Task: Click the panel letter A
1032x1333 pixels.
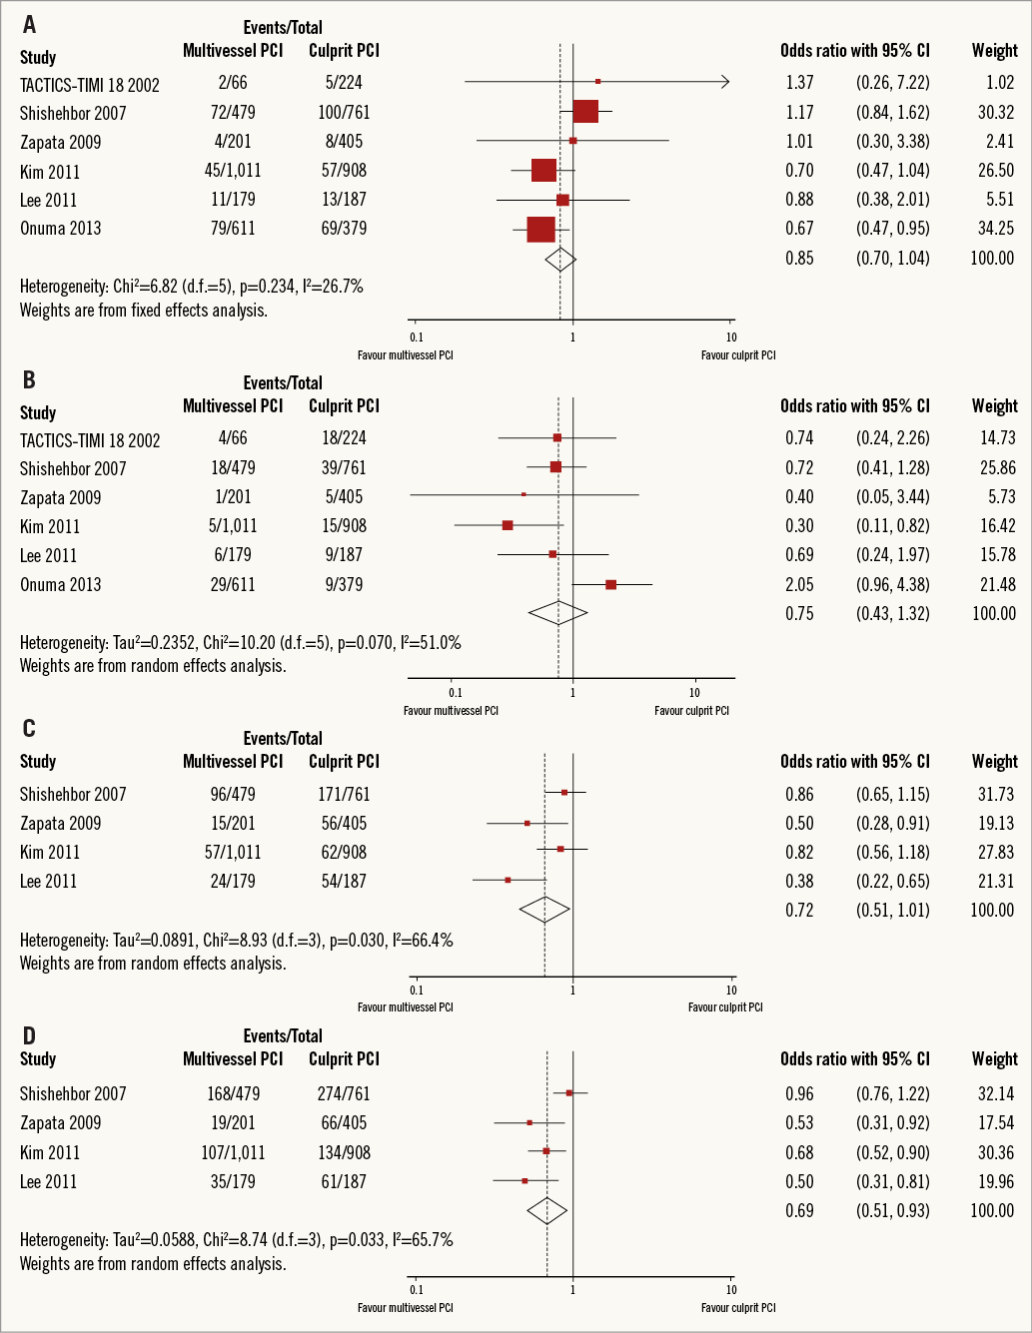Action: [x=29, y=24]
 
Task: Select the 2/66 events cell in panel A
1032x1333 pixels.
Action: [x=233, y=84]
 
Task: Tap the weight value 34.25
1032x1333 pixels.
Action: [x=995, y=229]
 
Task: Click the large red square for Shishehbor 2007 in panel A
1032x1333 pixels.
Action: [x=585, y=112]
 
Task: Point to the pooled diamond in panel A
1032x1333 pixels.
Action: [x=560, y=259]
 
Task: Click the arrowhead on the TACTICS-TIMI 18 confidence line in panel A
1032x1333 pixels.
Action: [x=725, y=82]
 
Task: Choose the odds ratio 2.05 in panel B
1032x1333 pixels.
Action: [x=799, y=584]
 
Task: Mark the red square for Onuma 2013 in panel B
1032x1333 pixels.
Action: [x=610, y=584]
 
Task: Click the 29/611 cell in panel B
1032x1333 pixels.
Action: [x=233, y=584]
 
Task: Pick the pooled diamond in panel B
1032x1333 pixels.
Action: [x=557, y=613]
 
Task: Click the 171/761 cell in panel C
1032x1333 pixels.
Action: [x=344, y=795]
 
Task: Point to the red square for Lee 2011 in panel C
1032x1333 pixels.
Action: [x=508, y=880]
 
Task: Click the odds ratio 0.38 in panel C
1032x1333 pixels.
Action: [x=799, y=882]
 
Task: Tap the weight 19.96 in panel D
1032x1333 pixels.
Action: [x=995, y=1182]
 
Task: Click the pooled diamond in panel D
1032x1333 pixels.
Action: [x=546, y=1211]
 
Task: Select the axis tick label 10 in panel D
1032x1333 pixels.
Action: [x=731, y=1290]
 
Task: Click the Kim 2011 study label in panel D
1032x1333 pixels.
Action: [x=50, y=1153]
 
